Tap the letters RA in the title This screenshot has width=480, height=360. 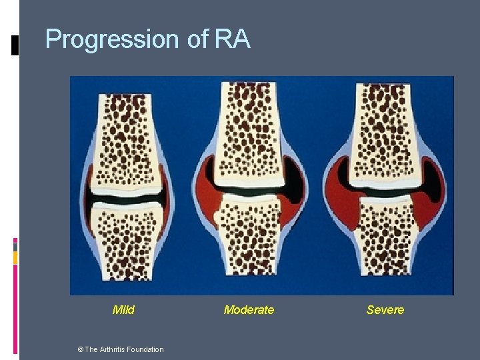coord(233,39)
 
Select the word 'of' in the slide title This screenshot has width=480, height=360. coord(198,39)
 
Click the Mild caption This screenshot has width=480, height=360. coord(123,309)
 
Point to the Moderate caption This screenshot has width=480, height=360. coord(249,309)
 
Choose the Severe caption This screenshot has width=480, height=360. coord(385,309)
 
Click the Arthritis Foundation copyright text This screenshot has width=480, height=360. coord(123,349)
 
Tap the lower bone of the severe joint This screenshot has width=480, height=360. coord(385,240)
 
